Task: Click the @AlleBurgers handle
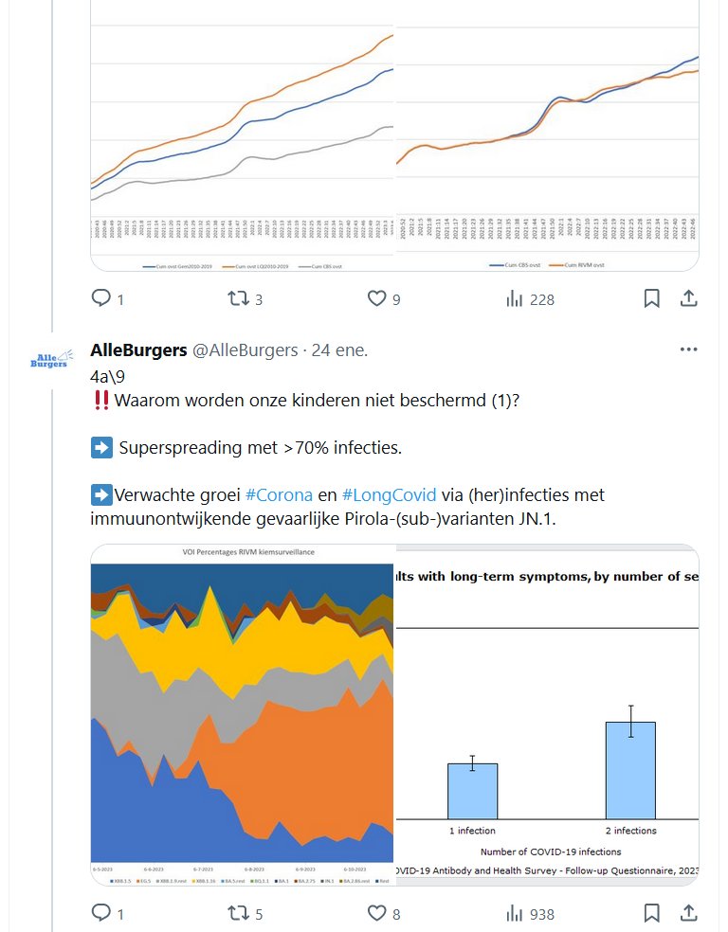[246, 350]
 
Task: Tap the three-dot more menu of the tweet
[688, 349]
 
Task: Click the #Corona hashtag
[279, 494]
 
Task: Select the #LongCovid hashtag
[389, 494]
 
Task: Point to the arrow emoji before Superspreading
[101, 447]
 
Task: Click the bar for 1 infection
[472, 791]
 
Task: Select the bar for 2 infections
[630, 770]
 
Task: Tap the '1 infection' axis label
[472, 831]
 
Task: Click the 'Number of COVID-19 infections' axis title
[551, 851]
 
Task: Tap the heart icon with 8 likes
[376, 913]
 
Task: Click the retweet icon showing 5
[238, 913]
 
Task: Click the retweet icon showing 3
[238, 299]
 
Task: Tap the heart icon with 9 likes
[376, 299]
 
